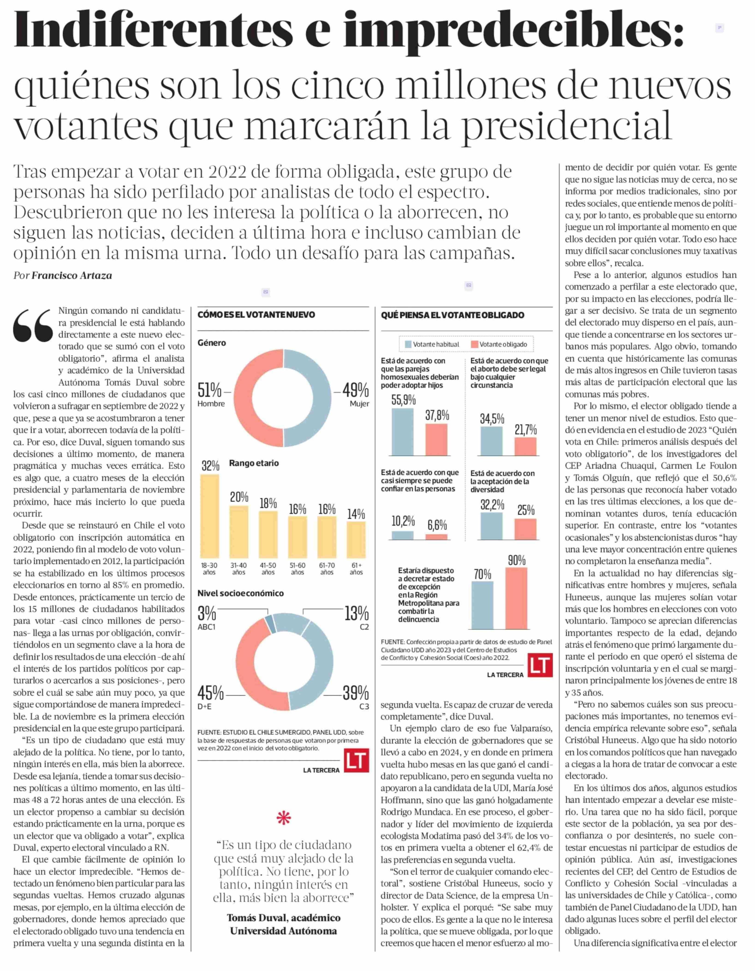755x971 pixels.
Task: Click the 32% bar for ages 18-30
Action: click(x=210, y=516)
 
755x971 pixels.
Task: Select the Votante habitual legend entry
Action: click(x=432, y=344)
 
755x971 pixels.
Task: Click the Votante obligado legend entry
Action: click(x=498, y=344)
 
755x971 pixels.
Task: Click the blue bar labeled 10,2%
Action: click(x=403, y=535)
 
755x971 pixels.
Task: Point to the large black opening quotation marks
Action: click(x=33, y=326)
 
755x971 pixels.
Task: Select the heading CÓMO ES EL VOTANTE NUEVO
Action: click(x=257, y=315)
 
